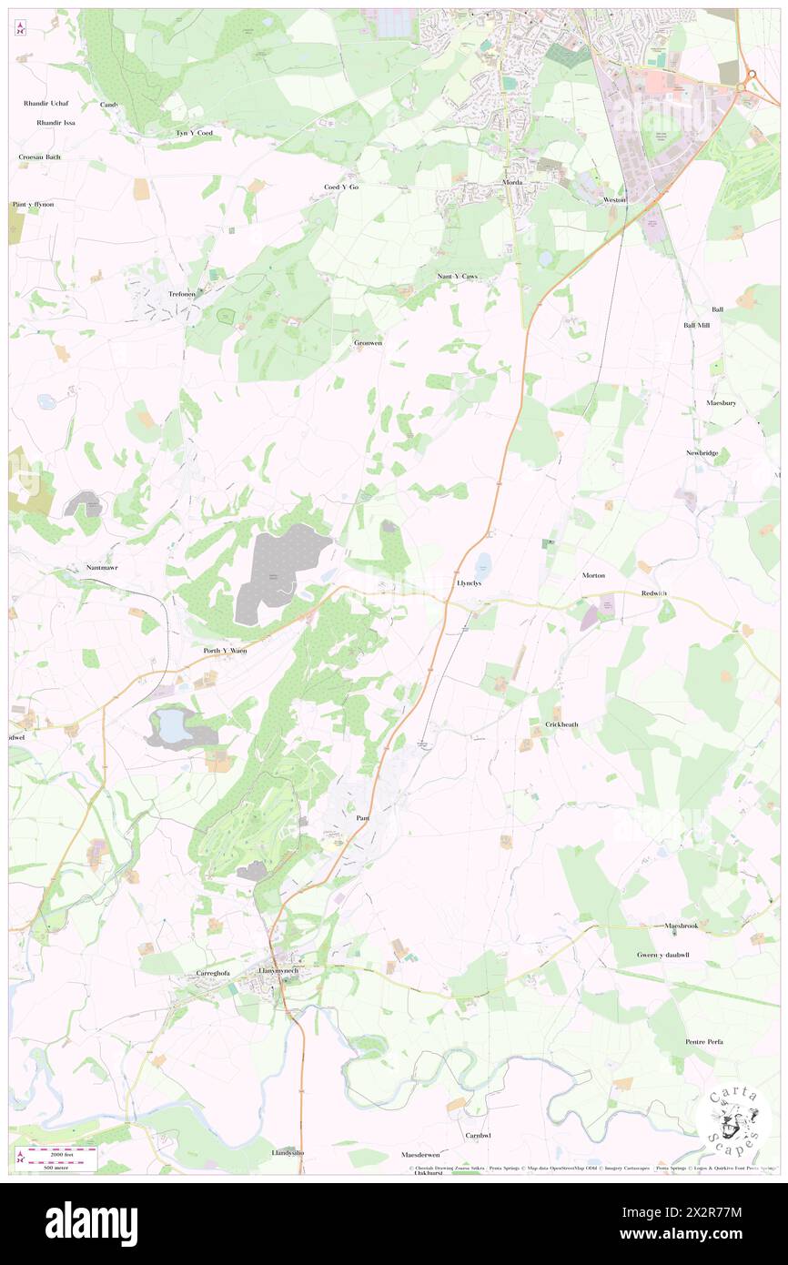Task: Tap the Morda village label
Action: tap(513, 182)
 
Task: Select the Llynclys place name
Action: tap(469, 583)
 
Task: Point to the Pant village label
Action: tap(362, 818)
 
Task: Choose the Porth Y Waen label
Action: tap(225, 651)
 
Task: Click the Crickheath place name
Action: tap(561, 724)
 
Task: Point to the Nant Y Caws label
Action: tap(457, 276)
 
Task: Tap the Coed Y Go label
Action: tap(342, 187)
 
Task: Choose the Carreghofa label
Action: tap(216, 973)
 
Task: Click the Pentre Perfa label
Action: tap(703, 1041)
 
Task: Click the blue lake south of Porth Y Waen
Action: tap(170, 725)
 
